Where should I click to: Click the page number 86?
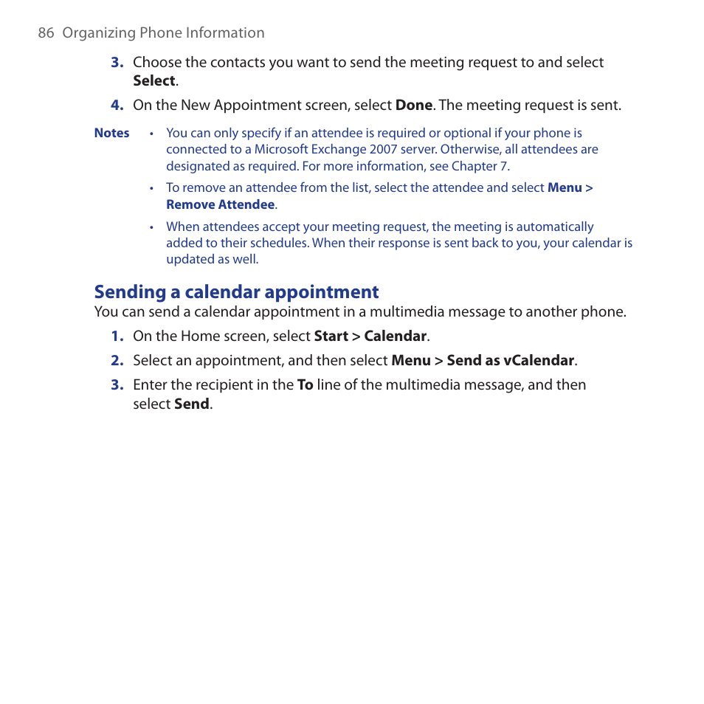pyautogui.click(x=46, y=33)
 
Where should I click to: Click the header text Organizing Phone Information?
pyautogui.click(x=163, y=33)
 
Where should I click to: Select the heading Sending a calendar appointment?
pyautogui.click(x=236, y=291)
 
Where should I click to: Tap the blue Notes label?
pyautogui.click(x=111, y=134)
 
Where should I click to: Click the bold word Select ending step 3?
pyautogui.click(x=153, y=81)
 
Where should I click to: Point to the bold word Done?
pyautogui.click(x=413, y=106)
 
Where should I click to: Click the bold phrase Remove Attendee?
pyautogui.click(x=220, y=205)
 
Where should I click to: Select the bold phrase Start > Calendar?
pyautogui.click(x=370, y=337)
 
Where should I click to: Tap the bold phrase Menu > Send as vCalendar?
pyautogui.click(x=483, y=361)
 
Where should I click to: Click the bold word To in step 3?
pyautogui.click(x=305, y=385)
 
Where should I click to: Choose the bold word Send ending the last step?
pyautogui.click(x=191, y=404)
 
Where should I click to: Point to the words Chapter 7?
pyautogui.click(x=480, y=167)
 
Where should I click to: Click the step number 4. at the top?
pyautogui.click(x=116, y=106)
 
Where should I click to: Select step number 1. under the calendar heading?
pyautogui.click(x=116, y=337)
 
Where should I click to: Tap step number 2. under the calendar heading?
pyautogui.click(x=116, y=361)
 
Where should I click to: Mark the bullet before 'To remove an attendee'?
pyautogui.click(x=151, y=189)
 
